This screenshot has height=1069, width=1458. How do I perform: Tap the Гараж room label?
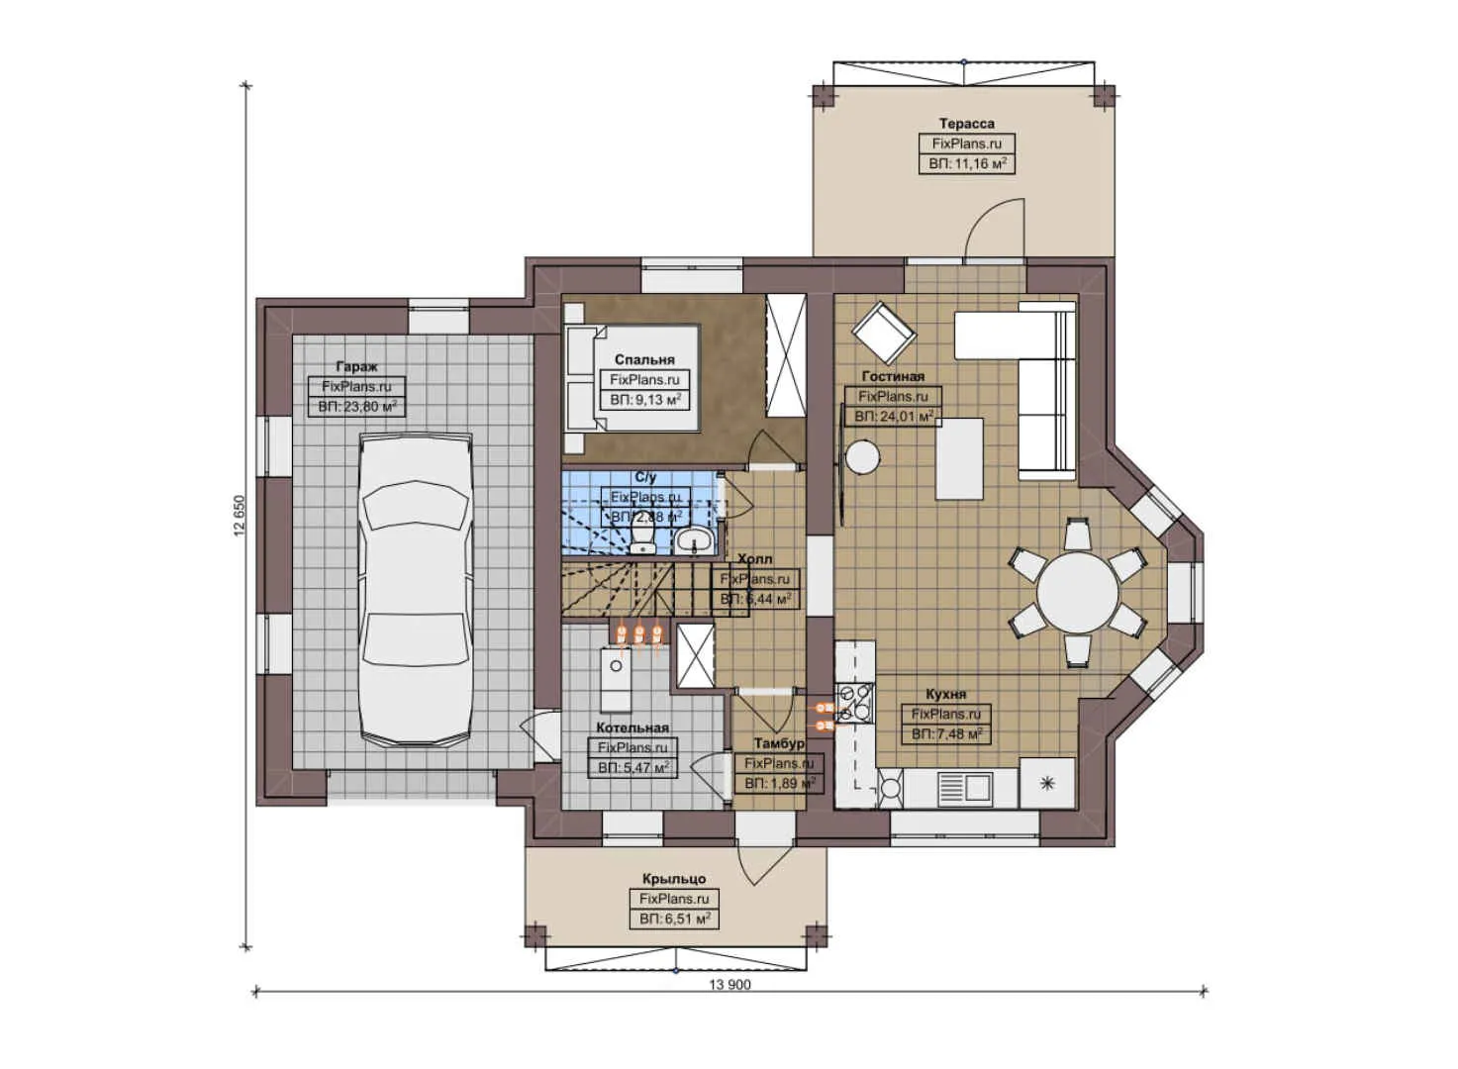click(x=355, y=366)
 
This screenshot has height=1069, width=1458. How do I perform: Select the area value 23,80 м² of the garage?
click(x=357, y=407)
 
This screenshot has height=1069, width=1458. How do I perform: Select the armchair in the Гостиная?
click(x=884, y=333)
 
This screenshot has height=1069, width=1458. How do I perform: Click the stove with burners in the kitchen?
click(x=854, y=702)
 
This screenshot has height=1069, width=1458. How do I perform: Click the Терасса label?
click(x=966, y=124)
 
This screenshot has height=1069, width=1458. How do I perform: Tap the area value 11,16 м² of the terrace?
click(x=967, y=164)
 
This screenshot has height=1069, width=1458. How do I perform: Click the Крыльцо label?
click(x=673, y=878)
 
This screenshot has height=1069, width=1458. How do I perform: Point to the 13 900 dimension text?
click(x=729, y=985)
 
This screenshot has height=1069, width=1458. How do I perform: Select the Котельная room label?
click(x=632, y=728)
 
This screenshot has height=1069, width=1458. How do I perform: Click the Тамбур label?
click(x=779, y=743)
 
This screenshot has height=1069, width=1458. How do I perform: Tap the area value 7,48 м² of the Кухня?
click(x=946, y=734)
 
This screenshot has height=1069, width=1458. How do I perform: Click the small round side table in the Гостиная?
click(x=862, y=457)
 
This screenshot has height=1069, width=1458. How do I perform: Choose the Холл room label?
click(x=755, y=559)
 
